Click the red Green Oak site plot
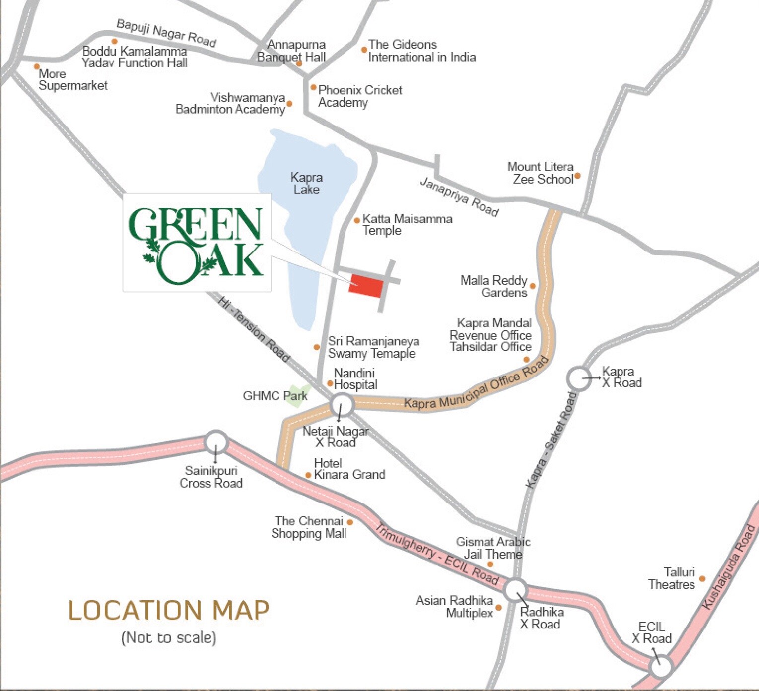(366, 285)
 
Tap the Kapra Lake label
(306, 184)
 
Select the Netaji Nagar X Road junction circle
(342, 404)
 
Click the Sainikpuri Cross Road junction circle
(216, 441)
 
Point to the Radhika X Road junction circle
(515, 590)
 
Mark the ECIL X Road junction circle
(661, 666)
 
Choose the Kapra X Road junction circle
(579, 378)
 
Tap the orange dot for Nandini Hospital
(330, 383)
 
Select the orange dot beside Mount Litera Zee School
(577, 176)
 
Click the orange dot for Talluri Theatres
(702, 579)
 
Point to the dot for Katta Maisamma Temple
(356, 220)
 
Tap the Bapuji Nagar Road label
(166, 33)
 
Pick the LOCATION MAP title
(168, 610)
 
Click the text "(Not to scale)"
(168, 637)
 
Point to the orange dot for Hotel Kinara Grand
(308, 475)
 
